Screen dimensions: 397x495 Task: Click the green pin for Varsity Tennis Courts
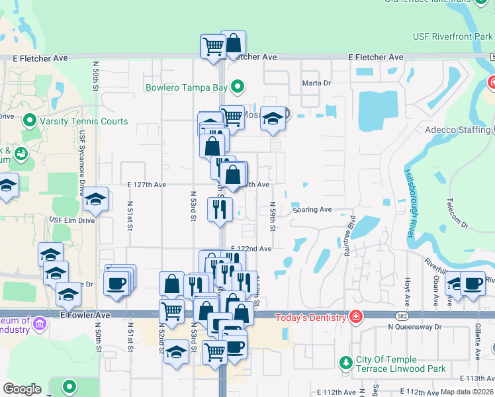point(28,121)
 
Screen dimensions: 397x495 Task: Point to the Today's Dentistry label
point(311,317)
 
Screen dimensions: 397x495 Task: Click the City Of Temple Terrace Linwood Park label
point(401,363)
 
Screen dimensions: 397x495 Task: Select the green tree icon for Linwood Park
point(345,363)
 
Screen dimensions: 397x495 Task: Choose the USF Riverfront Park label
point(453,36)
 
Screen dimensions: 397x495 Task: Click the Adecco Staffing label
point(457,130)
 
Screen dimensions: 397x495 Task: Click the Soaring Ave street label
point(312,210)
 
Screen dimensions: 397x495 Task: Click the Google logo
point(22,389)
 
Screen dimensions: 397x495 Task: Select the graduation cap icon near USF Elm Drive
point(95,200)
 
